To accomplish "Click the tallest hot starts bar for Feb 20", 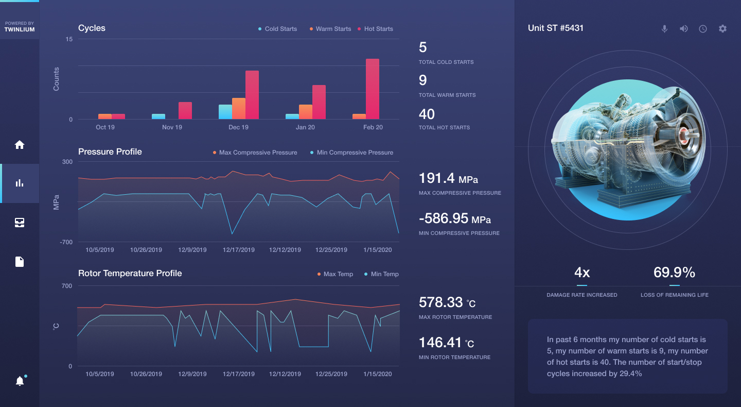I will click(373, 89).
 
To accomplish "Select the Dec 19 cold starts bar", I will click(225, 112).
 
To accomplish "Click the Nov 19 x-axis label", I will click(172, 127).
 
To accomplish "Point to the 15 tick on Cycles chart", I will click(69, 39).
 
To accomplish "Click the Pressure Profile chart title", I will click(110, 152).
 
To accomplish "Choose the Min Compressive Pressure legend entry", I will click(351, 152).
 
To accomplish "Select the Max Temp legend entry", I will click(335, 274).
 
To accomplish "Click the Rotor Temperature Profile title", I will click(130, 274).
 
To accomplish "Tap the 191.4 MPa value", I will click(448, 179).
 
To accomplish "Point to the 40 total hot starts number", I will click(427, 114).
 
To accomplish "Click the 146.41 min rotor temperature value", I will click(446, 343).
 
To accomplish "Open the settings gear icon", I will click(722, 29).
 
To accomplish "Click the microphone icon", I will click(664, 29).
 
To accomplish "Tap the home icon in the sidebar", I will click(20, 145).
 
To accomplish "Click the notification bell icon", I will click(20, 381).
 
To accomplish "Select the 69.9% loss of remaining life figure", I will click(674, 273).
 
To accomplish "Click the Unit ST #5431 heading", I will click(556, 28).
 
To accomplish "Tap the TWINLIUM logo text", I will click(20, 29).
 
